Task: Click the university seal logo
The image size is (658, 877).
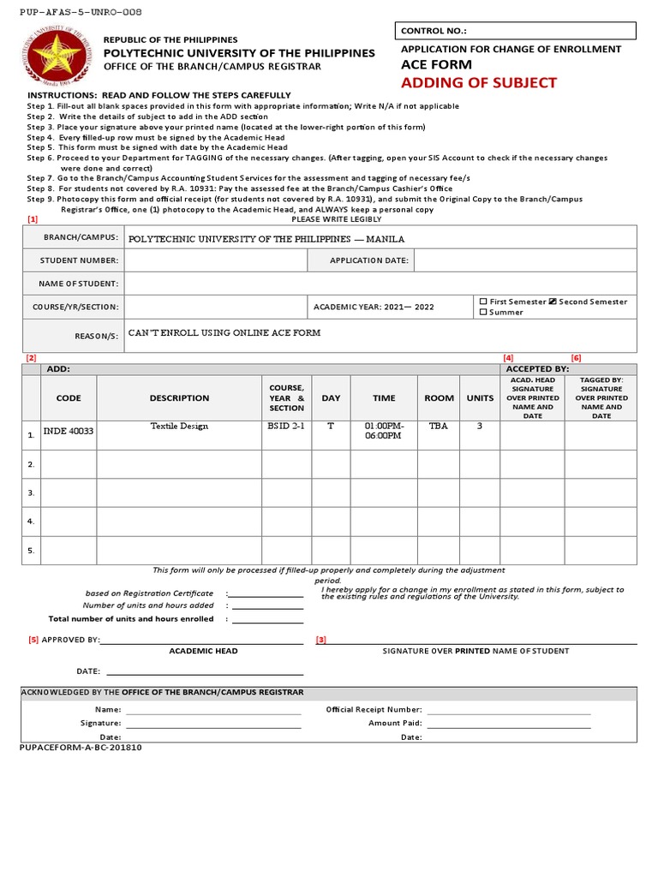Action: click(x=57, y=59)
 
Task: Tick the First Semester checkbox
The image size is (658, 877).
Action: click(x=483, y=301)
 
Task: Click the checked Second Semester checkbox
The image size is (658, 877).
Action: click(x=553, y=301)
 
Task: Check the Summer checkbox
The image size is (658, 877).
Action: click(x=483, y=313)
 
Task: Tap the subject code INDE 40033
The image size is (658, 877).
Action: click(x=69, y=432)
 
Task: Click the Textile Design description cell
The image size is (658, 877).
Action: click(x=179, y=426)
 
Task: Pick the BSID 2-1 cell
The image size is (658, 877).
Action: click(x=286, y=426)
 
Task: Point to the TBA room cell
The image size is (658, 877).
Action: click(x=439, y=426)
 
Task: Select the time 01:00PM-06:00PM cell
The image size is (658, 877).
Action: click(x=384, y=430)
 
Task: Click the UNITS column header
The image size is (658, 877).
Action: click(x=480, y=398)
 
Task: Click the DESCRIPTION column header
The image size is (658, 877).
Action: click(x=179, y=398)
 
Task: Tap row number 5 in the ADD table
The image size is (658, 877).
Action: click(x=31, y=551)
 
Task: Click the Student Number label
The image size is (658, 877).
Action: click(x=74, y=260)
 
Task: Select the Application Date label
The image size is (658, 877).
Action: click(x=368, y=260)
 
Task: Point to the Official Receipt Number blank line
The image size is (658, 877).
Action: click(x=509, y=709)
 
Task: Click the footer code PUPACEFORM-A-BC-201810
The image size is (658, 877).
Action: click(x=81, y=747)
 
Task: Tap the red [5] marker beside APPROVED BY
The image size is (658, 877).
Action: click(x=33, y=640)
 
